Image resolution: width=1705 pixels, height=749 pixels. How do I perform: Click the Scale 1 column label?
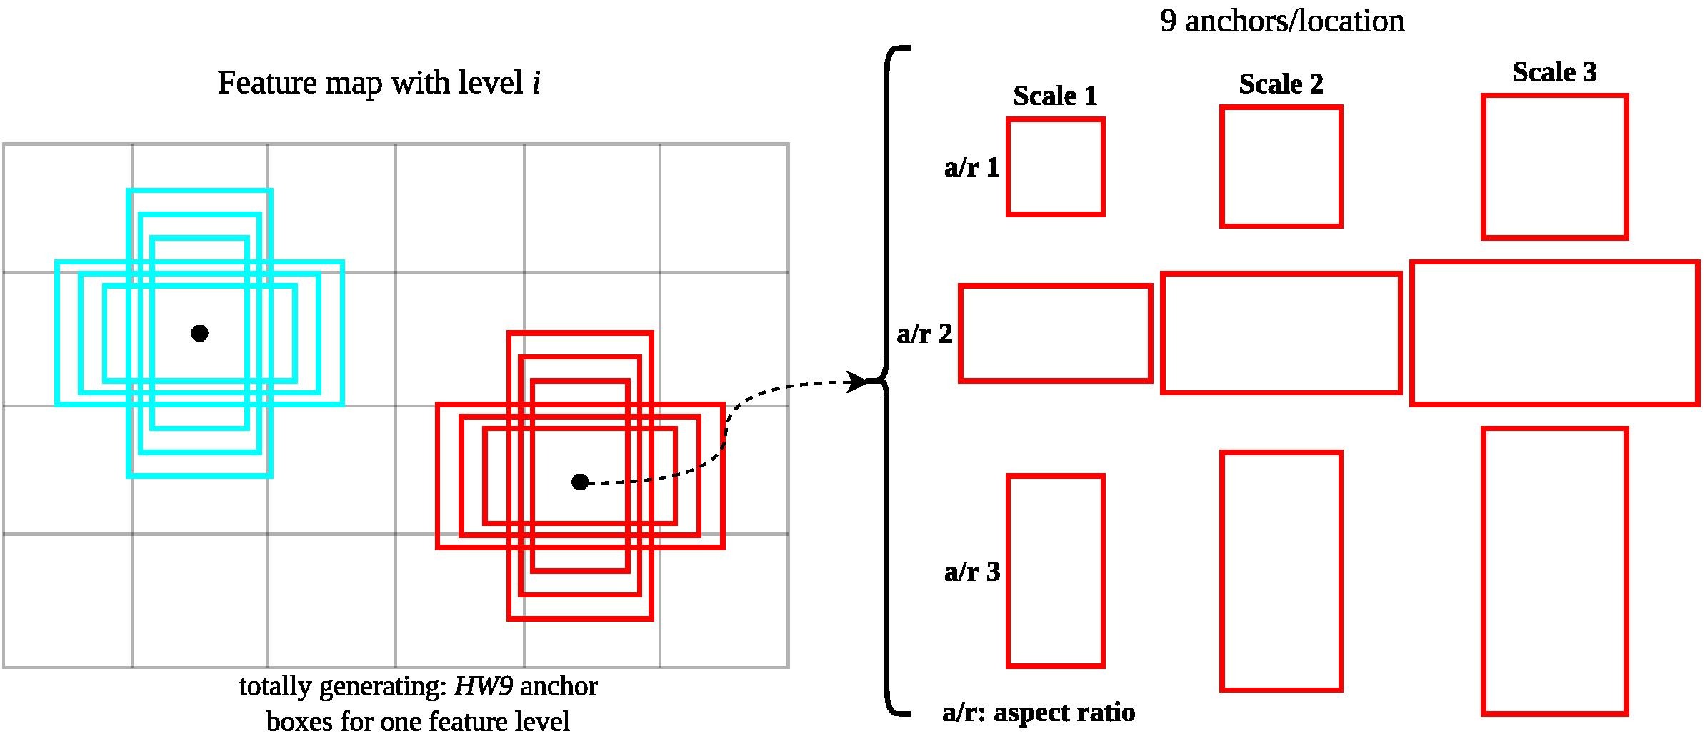pyautogui.click(x=1055, y=96)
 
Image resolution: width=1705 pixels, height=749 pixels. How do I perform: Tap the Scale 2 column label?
pyautogui.click(x=1281, y=84)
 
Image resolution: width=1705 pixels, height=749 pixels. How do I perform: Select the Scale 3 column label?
pyautogui.click(x=1554, y=72)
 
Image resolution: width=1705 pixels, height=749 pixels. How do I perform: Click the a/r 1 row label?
pyautogui.click(x=972, y=167)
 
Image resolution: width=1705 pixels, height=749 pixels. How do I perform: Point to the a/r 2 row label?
pyautogui.click(x=924, y=334)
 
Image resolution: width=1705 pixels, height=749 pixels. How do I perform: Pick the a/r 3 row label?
pyautogui.click(x=972, y=572)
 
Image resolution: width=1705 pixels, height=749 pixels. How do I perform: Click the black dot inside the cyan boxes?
pyautogui.click(x=200, y=333)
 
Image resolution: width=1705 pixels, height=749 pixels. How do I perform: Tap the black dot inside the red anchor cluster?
pyautogui.click(x=580, y=482)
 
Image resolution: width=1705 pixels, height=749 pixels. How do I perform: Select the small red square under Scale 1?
pyautogui.click(x=1056, y=167)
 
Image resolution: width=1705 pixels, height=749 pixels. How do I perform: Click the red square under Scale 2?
pyautogui.click(x=1281, y=167)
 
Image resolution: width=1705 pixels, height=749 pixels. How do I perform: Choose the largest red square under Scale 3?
pyautogui.click(x=1555, y=167)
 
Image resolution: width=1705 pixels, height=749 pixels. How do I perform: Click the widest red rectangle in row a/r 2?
pyautogui.click(x=1555, y=334)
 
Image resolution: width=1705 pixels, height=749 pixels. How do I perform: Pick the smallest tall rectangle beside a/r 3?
pyautogui.click(x=1056, y=571)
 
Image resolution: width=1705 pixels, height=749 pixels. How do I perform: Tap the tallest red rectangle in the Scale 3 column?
pyautogui.click(x=1555, y=571)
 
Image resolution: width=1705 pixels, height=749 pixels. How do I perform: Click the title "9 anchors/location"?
pyautogui.click(x=1282, y=21)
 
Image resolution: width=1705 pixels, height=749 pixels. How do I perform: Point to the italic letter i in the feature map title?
pyautogui.click(x=536, y=83)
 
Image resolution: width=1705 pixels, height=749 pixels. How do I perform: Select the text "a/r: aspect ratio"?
pyautogui.click(x=1039, y=713)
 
